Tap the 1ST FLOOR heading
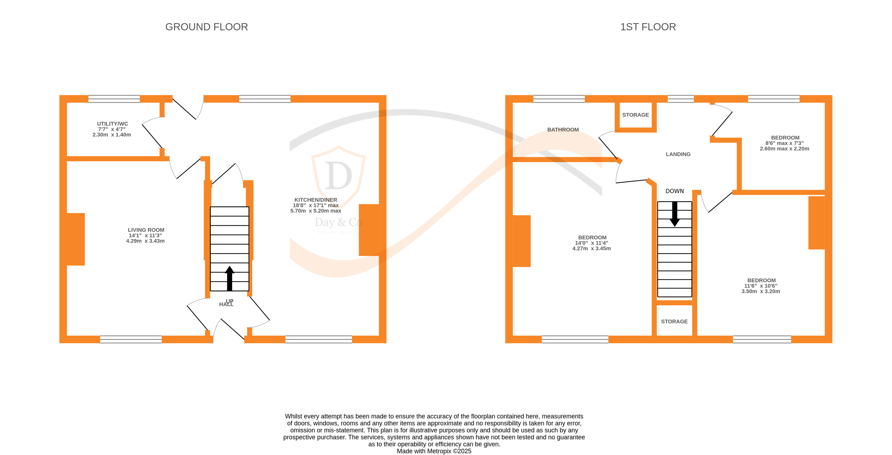(x=648, y=27)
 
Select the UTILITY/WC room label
(x=112, y=124)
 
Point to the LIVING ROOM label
(x=146, y=230)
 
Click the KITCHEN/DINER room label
(x=315, y=200)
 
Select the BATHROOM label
(x=563, y=130)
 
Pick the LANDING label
(x=678, y=154)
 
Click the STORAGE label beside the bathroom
(x=635, y=115)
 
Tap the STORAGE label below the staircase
(x=674, y=321)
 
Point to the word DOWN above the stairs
(x=674, y=191)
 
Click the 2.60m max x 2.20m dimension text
(x=784, y=149)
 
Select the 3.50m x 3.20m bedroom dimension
(x=761, y=292)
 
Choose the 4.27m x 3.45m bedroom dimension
(x=591, y=249)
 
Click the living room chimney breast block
(x=76, y=239)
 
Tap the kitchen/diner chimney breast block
(x=369, y=230)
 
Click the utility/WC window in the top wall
(x=114, y=99)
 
